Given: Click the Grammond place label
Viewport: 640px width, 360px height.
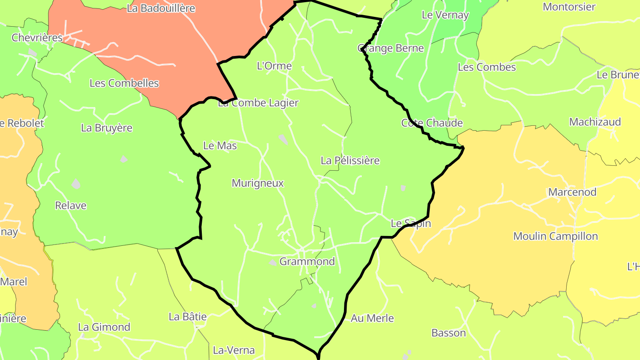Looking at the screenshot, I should [x=307, y=261].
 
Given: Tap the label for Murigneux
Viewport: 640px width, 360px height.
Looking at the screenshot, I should [x=257, y=183].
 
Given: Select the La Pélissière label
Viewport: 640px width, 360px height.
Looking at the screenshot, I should [x=350, y=160].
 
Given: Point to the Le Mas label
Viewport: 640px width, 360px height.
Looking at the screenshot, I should [x=220, y=146].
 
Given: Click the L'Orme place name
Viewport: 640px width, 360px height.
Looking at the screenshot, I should [x=275, y=66].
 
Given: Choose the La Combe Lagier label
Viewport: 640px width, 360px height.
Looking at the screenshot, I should [x=258, y=103].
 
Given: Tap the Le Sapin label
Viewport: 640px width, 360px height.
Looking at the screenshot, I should [x=411, y=224].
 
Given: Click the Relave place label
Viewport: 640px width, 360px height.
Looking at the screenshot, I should [x=71, y=206].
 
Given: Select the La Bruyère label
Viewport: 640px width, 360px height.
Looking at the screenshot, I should [x=107, y=128].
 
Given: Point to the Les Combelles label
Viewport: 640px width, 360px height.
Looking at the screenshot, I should [x=124, y=83].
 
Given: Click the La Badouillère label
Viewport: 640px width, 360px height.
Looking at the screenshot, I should [x=161, y=8].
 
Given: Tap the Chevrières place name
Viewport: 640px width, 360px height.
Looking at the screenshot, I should [x=37, y=38].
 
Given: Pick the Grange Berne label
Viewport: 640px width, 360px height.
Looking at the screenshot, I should [x=391, y=48].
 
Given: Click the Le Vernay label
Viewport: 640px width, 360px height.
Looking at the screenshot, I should [x=445, y=15].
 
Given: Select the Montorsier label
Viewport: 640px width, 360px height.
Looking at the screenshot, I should [x=569, y=7].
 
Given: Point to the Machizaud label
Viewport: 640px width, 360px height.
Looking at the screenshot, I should [x=595, y=122].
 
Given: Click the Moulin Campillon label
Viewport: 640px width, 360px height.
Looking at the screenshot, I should [x=556, y=236].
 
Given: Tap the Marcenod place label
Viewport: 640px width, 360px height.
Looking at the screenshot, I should [x=572, y=192].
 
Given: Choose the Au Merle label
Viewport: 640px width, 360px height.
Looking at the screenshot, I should [x=372, y=318].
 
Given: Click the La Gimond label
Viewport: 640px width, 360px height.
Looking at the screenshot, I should [x=104, y=327].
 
